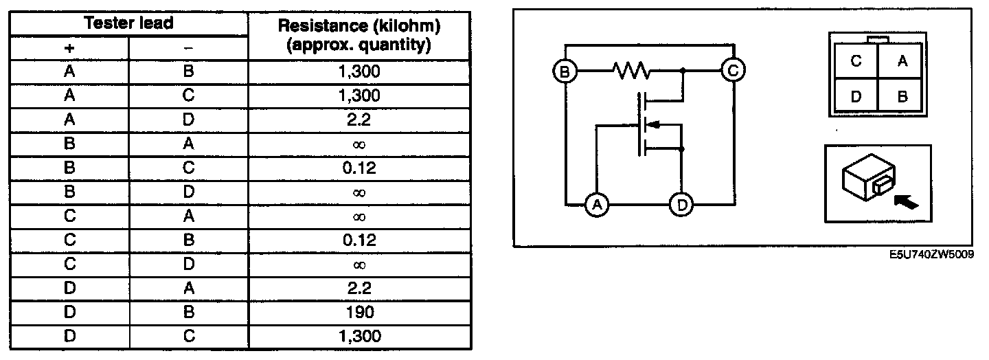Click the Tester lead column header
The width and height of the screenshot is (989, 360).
tap(128, 23)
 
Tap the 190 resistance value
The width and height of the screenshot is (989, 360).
tap(359, 312)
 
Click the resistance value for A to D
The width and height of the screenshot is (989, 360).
tap(359, 120)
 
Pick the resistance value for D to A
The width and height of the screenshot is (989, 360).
tap(359, 288)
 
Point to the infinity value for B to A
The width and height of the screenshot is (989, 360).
tap(359, 144)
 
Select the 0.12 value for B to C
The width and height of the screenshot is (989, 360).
tap(359, 168)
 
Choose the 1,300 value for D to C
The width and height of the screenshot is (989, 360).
tap(359, 336)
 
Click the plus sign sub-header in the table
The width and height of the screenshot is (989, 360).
tap(69, 47)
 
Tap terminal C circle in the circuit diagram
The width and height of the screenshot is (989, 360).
tap(734, 70)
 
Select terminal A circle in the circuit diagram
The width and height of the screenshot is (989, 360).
tap(597, 204)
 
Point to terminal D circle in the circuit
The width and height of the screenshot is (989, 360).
tap(681, 204)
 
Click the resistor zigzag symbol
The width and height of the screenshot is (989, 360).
tap(630, 70)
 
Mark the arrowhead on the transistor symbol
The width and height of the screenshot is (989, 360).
tap(655, 125)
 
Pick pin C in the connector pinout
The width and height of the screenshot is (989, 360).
tap(856, 61)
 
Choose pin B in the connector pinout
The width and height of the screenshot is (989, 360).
tap(902, 96)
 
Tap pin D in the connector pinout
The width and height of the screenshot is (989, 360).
tap(856, 96)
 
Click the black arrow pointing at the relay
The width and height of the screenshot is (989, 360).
tap(907, 201)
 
